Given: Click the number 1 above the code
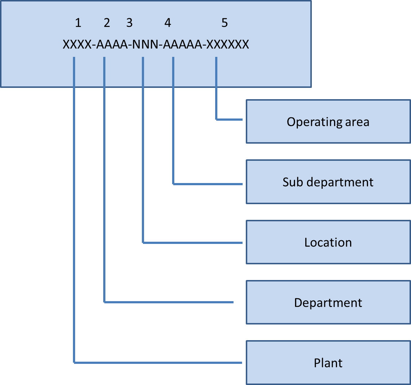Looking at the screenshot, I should tap(78, 23).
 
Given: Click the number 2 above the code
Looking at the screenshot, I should tap(106, 23).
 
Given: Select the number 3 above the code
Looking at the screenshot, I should tap(129, 23).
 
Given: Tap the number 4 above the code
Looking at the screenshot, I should tap(167, 23).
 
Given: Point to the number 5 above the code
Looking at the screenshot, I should tap(224, 23).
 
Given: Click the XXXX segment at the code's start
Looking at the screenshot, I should tap(77, 45).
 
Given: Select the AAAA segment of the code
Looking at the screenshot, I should tap(112, 45).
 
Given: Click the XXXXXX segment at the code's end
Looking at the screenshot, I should tap(228, 45).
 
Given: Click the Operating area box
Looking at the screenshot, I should tap(328, 121).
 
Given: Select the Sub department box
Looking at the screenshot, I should tap(328, 182).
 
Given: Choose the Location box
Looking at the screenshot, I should tap(328, 242).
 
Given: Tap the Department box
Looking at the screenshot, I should tap(328, 303).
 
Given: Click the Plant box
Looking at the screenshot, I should tap(328, 363).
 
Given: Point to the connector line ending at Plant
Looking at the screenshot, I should tap(74, 219).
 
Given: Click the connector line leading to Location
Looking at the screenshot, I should tap(143, 164).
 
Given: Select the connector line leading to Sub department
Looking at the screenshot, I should tap(173, 128).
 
